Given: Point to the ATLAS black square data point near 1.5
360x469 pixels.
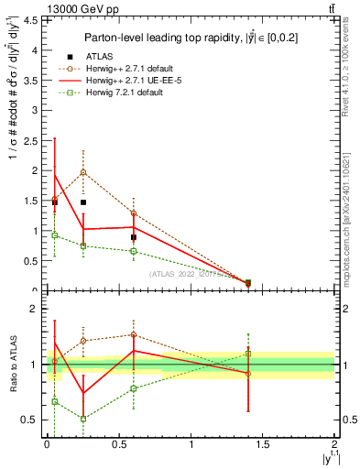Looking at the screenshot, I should (83, 202).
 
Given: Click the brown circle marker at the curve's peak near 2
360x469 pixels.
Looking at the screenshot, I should (83, 172).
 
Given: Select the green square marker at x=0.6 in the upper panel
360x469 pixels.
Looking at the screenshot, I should (134, 251).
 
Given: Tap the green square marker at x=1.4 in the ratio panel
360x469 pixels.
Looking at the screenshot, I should (248, 354).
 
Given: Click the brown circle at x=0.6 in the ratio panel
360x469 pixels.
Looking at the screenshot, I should (134, 334).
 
